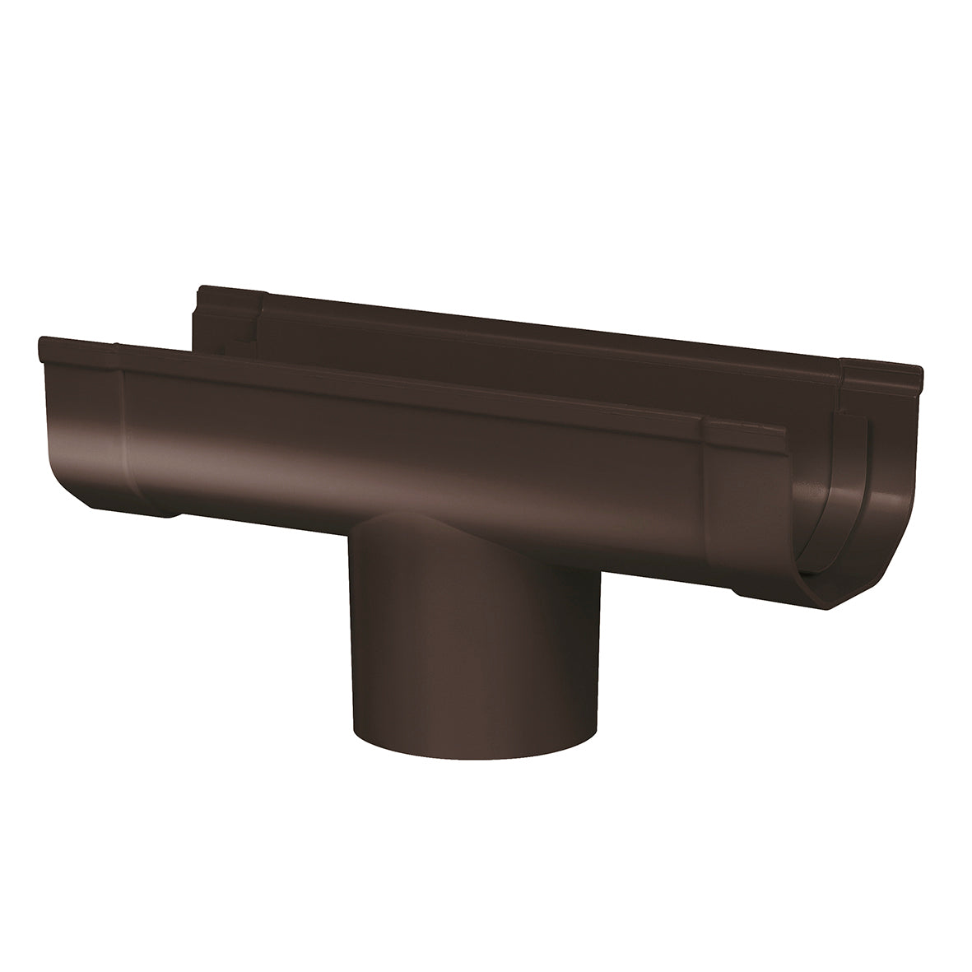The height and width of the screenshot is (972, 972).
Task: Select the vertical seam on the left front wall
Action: pyautogui.click(x=123, y=428)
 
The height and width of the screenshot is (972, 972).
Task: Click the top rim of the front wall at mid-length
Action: pyautogui.click(x=412, y=387)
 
